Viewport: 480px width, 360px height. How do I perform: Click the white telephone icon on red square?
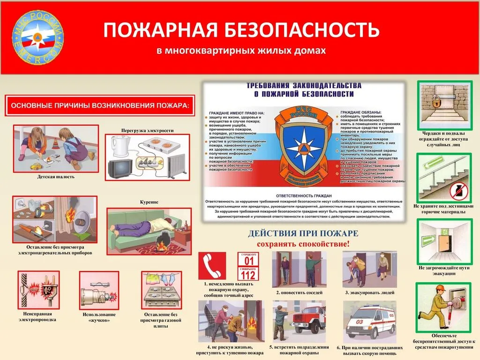coord(212,265)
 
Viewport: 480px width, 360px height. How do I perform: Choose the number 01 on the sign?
coord(249,260)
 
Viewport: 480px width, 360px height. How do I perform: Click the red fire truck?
coord(307,321)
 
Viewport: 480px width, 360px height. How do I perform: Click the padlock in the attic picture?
coord(435,100)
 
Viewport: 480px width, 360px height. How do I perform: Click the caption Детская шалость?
coord(56,177)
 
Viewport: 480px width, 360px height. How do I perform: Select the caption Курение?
coord(149,202)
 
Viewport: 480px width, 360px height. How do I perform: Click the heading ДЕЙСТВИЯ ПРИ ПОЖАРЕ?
coord(303,233)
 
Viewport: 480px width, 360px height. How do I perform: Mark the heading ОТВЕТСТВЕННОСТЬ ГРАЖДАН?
coord(303,195)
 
